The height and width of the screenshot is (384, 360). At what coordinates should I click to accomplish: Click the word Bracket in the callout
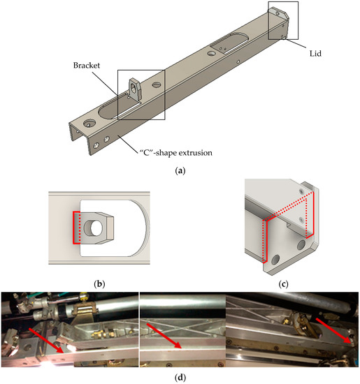point(87,66)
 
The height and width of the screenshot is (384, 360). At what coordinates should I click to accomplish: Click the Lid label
point(315,53)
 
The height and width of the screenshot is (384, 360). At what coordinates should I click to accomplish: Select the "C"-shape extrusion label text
point(176,153)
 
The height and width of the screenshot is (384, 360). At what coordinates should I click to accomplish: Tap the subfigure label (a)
point(180,170)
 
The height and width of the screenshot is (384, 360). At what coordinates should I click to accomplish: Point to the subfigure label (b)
point(99,284)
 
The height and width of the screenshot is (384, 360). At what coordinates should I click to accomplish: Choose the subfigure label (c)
point(284,284)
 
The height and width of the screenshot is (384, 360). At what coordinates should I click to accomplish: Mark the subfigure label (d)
point(180,377)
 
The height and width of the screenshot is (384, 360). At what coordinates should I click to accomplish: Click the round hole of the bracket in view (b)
point(96,228)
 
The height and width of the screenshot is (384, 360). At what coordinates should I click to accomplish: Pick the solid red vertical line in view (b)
point(73,228)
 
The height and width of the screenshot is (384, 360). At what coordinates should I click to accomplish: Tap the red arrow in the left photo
point(46,341)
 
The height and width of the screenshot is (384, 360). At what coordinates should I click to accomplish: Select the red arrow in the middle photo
point(164,336)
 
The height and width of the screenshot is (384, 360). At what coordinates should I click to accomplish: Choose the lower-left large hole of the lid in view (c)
point(275,260)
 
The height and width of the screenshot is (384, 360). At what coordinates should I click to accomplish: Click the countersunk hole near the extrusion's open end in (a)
point(89,124)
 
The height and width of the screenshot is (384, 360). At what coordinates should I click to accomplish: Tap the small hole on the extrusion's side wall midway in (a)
point(238,61)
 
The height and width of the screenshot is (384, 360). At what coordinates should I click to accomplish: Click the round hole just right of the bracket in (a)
point(156,85)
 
